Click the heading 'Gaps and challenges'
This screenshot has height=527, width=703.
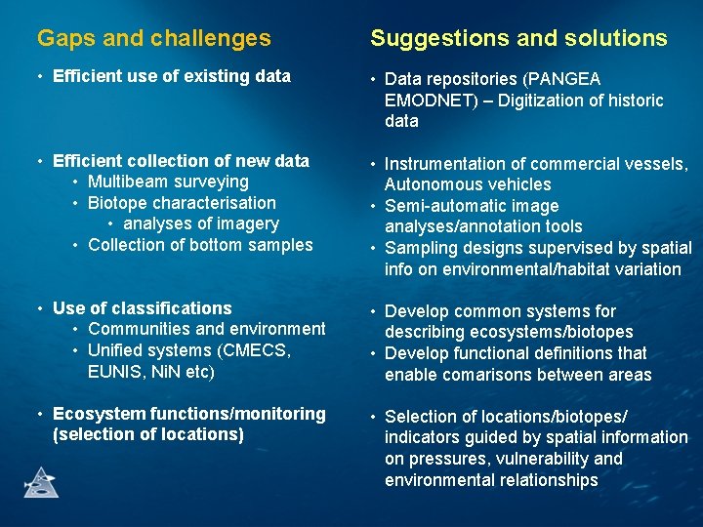[153, 38]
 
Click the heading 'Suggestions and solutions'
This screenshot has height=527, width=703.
[518, 38]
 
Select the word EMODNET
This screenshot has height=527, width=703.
[427, 101]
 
